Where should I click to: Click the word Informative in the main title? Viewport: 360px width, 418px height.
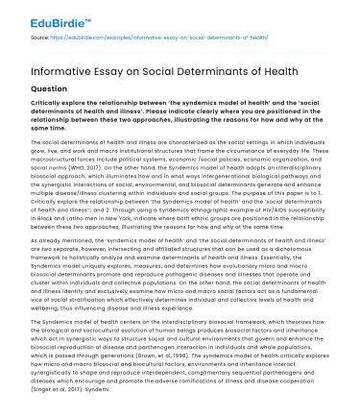tap(60, 66)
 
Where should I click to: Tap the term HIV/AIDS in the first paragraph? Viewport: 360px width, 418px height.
tap(279, 207)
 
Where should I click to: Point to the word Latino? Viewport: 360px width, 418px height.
tap(79, 213)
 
